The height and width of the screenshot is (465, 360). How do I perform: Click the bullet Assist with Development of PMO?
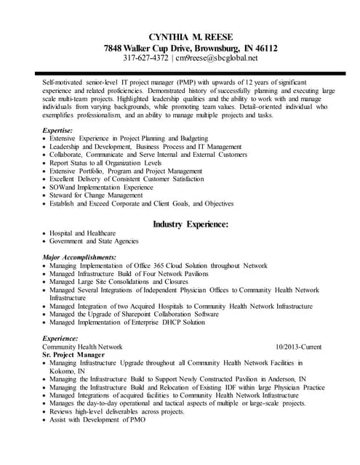pos(100,420)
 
